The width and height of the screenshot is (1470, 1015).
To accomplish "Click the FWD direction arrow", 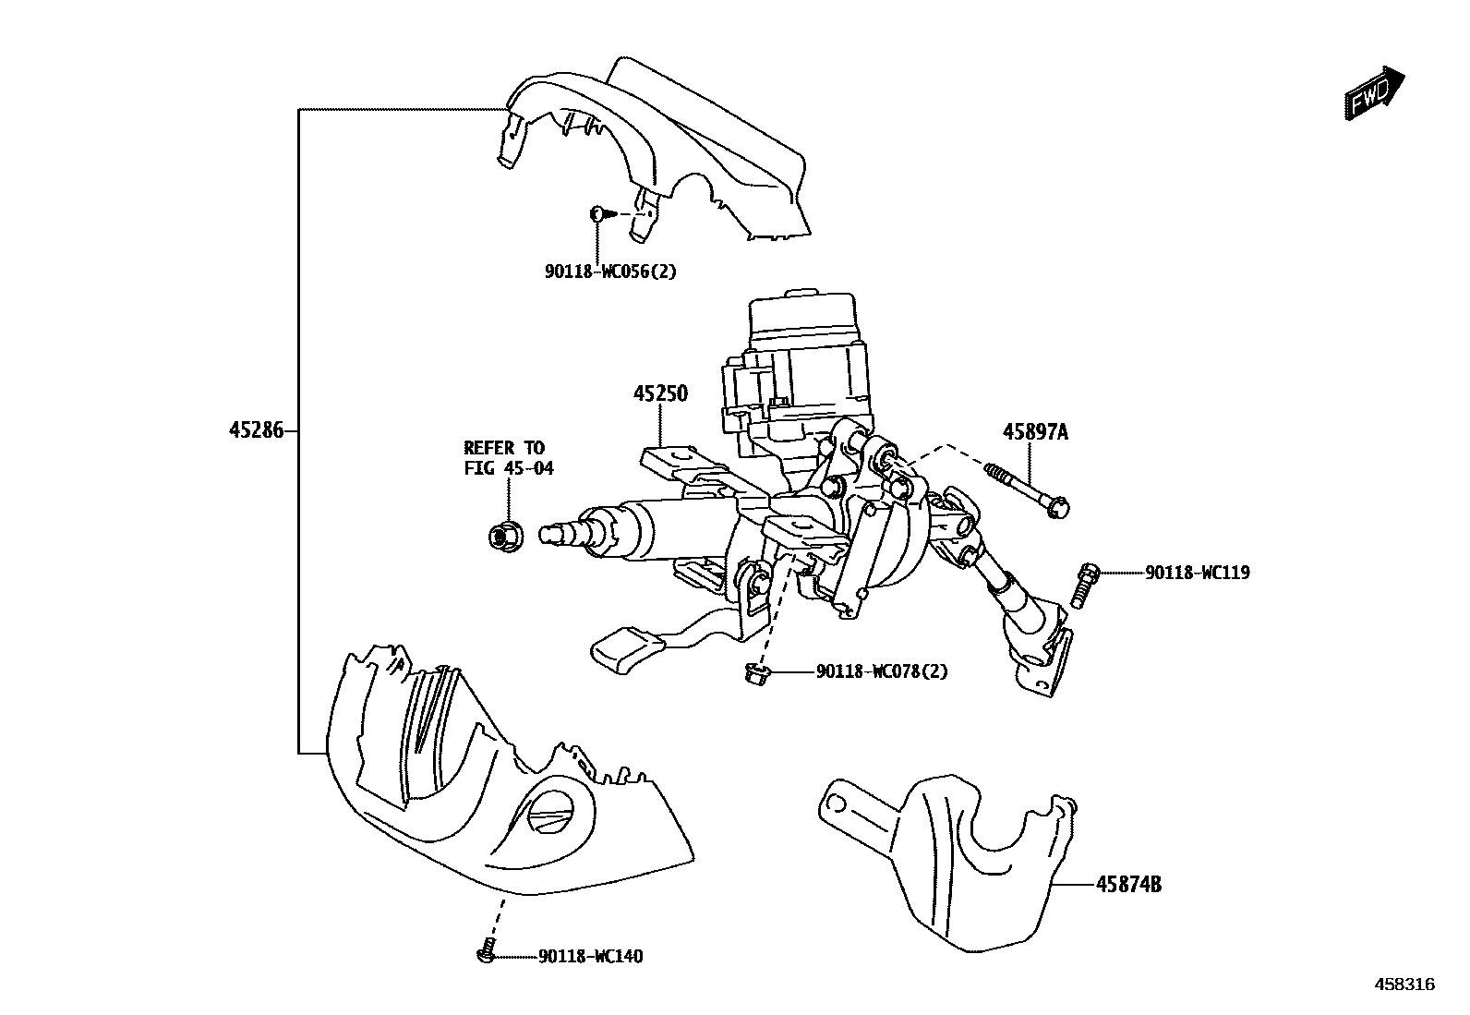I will pos(1373,94).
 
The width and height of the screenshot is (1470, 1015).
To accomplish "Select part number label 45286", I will pos(256,430).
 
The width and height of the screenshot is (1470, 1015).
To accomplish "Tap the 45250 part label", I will pos(660,394).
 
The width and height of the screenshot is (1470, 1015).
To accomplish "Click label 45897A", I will pos(1035,431).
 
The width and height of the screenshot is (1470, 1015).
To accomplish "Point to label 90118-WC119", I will pos(1197,573).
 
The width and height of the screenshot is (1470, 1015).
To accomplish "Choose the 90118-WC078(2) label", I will pos(881,671).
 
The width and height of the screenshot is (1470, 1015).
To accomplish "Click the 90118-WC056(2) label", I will pos(609,272).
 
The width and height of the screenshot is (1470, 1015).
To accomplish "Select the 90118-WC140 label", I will pos(590,957).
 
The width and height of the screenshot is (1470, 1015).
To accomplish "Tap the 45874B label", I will pos(1128,885).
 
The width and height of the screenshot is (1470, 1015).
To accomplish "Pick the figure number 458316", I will pos(1404,985).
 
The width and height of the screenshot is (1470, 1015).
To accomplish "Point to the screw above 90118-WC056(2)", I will pos(600,213).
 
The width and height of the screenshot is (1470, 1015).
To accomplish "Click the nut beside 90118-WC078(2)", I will pos(755,677).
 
